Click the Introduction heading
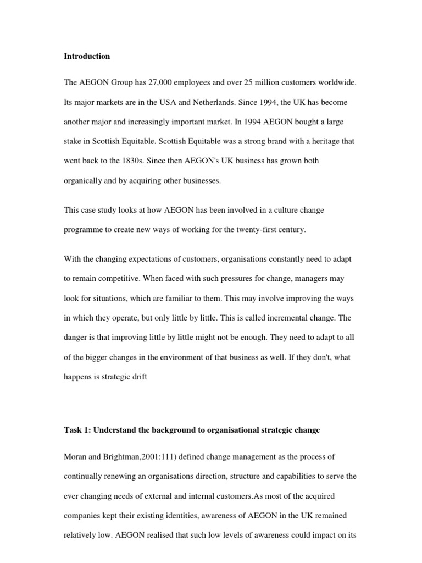point(87,56)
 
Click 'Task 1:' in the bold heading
point(77,429)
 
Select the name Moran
point(76,456)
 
